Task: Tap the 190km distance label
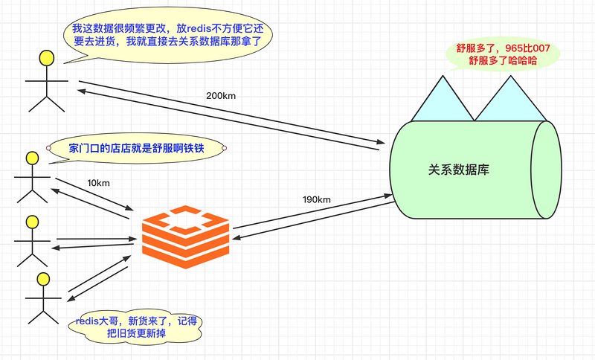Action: pyautogui.click(x=316, y=199)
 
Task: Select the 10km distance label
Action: pyautogui.click(x=98, y=183)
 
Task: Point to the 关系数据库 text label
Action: pyautogui.click(x=458, y=170)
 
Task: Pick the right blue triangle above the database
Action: pyautogui.click(x=511, y=99)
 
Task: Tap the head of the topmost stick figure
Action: pyautogui.click(x=47, y=57)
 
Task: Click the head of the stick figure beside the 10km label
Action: pyautogui.click(x=32, y=158)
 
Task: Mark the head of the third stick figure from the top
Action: pyautogui.click(x=32, y=222)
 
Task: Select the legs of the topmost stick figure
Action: pyautogui.click(x=46, y=103)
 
